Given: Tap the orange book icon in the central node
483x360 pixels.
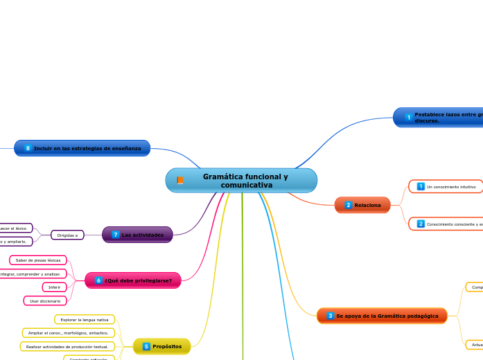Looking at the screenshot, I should coord(180,181).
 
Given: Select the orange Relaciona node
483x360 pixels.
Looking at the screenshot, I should coord(362,205).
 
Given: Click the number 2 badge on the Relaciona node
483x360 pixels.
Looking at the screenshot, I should coord(349,205).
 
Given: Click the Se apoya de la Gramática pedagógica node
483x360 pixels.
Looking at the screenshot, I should coord(382,316).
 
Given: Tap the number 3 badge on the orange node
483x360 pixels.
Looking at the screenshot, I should coord(331,316).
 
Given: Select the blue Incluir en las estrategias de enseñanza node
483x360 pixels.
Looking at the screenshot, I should coord(82,148).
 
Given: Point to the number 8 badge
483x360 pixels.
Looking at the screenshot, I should coord(28,148).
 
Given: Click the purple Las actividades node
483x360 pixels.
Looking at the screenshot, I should coord(137,235).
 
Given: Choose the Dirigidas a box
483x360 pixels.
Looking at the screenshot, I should coord(67,235).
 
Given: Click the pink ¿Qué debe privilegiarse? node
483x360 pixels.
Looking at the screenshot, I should coord(133,280).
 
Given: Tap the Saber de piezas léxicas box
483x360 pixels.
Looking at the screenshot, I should coord(38,260).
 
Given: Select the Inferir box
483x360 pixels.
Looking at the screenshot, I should coord(54,287).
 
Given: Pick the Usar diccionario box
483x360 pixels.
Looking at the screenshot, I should coord(45,300).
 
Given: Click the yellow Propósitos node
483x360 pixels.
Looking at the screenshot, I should coord(161,346).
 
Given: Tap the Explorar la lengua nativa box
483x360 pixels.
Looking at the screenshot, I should coord(84,319).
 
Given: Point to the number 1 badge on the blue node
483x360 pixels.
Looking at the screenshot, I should coord(409,117).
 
